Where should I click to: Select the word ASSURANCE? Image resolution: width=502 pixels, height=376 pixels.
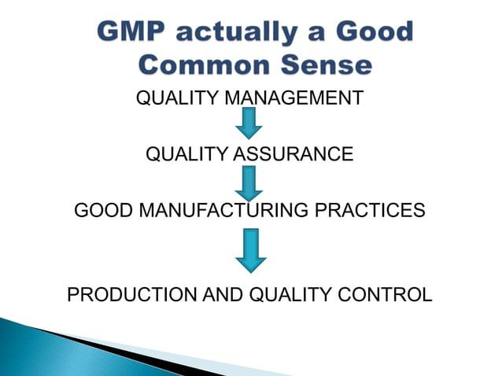[293, 154]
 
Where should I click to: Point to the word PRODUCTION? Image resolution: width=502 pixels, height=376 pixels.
[124, 295]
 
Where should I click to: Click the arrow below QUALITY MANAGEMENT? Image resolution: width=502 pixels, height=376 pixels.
[250, 123]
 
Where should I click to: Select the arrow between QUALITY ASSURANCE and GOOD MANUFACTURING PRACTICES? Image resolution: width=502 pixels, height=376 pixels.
[250, 182]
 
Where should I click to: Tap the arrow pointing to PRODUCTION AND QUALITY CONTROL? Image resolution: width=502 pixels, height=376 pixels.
[250, 250]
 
